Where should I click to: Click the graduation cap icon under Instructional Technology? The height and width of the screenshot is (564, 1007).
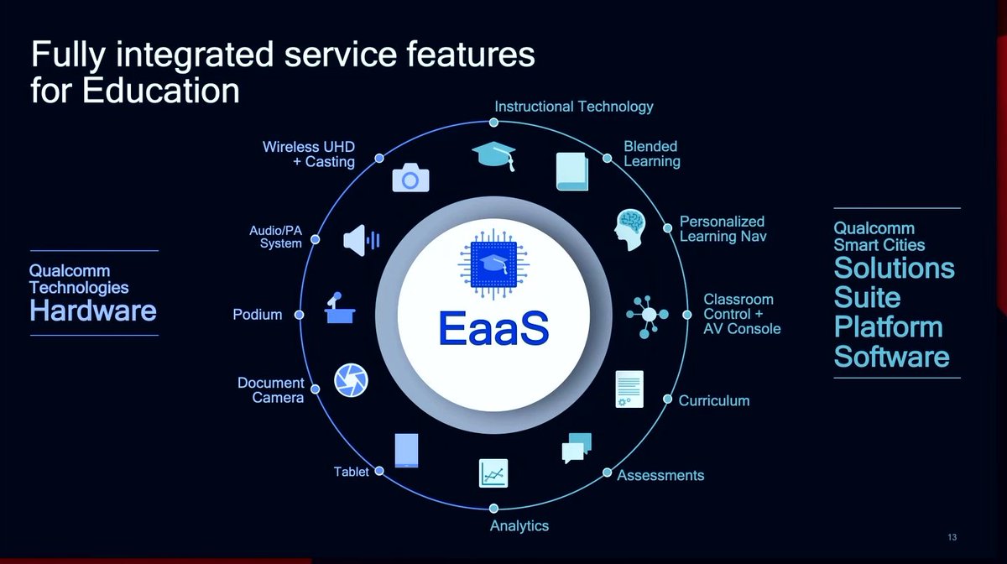click(493, 155)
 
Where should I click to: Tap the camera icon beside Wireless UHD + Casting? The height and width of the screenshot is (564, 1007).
click(410, 178)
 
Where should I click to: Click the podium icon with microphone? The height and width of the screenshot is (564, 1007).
click(340, 308)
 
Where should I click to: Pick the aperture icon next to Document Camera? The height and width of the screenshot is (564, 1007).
click(351, 380)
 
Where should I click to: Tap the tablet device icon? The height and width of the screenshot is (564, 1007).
click(406, 450)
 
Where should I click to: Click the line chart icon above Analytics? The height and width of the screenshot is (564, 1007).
click(493, 473)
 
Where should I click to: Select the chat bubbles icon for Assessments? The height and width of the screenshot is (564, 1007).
click(577, 447)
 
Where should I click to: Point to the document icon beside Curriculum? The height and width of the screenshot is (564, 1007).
click(629, 389)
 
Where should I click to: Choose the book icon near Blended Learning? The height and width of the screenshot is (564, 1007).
click(572, 171)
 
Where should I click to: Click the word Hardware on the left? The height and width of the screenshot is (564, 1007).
click(93, 310)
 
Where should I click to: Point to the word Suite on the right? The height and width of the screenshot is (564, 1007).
click(867, 298)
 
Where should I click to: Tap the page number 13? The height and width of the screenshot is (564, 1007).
click(952, 537)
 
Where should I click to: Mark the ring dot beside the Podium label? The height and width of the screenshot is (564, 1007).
click(302, 315)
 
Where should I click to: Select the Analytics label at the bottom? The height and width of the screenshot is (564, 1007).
click(519, 526)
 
